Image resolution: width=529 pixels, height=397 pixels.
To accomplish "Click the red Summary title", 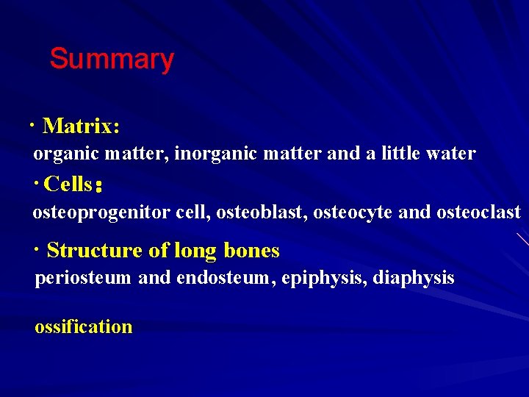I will [x=112, y=59].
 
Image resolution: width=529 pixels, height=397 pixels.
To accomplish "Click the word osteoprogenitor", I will [x=101, y=212].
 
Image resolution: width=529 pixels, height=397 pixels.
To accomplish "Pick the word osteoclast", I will [x=478, y=212].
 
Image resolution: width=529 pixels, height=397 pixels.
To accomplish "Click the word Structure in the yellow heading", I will [x=95, y=251].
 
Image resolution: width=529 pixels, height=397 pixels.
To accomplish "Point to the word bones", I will [x=252, y=251].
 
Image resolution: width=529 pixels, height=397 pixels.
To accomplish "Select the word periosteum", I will [x=83, y=279].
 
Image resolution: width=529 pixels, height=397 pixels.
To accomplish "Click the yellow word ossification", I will [x=84, y=327].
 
